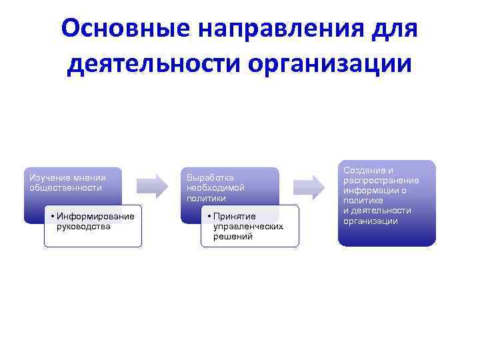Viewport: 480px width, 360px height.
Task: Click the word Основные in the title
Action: pyautogui.click(x=122, y=29)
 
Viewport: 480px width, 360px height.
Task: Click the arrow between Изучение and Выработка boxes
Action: pyautogui.click(x=153, y=185)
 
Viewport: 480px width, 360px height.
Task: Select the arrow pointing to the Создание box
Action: pyautogui.click(x=310, y=185)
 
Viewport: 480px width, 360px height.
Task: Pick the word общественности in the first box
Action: pyautogui.click(x=65, y=187)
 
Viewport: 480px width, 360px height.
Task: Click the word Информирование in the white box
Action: pyautogui.click(x=95, y=216)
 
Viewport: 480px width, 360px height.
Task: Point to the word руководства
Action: pyautogui.click(x=84, y=226)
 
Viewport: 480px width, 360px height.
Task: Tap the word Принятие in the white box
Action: pyautogui.click(x=234, y=217)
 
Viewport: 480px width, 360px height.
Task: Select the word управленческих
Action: pyautogui.click(x=248, y=226)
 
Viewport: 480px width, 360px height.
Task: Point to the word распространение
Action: pyautogui.click(x=381, y=181)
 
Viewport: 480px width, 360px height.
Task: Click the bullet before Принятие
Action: pyautogui.click(x=209, y=217)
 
